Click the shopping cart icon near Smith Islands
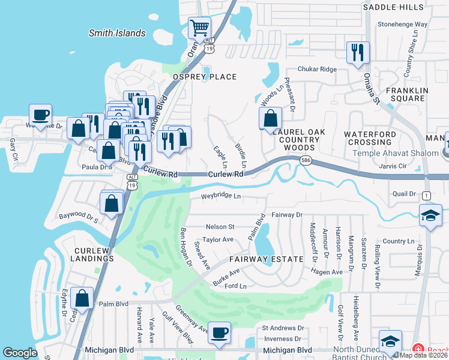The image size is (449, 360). tap(199, 28)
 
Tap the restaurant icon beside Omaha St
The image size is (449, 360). tap(357, 52)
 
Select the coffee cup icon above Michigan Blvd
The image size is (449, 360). tap(219, 332)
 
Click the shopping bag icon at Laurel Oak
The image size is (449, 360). tap(270, 118)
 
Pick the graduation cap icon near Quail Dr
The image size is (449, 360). tap(430, 216)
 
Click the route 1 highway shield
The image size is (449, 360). tap(426, 196)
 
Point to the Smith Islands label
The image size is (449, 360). tap(117, 34)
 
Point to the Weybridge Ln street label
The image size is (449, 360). tap(220, 196)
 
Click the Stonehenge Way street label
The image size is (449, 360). tap(402, 25)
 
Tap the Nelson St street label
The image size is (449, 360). tap(220, 227)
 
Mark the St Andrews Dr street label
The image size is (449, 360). tap(283, 328)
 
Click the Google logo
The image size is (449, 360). tap(20, 353)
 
